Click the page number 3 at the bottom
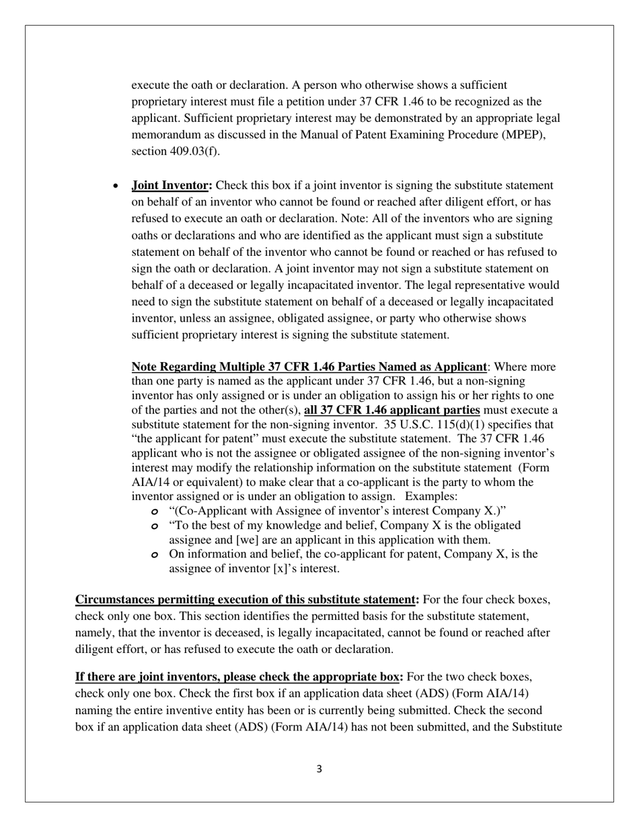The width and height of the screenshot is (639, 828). (319, 769)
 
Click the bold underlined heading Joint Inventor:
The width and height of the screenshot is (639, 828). (172, 185)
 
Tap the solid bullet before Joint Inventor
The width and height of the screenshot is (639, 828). (117, 186)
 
